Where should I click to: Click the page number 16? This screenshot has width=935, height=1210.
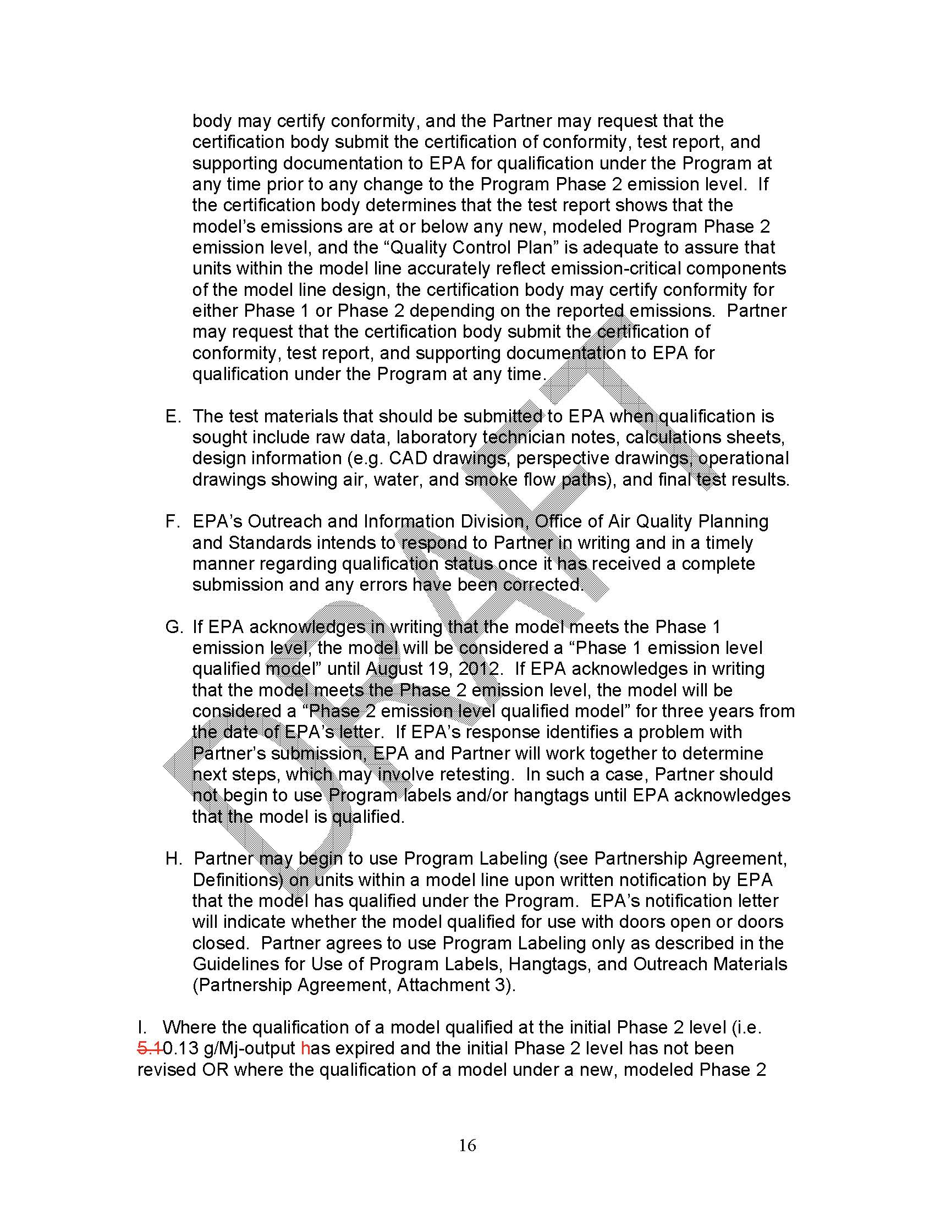pos(467,1145)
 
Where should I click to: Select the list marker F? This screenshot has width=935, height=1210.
pos(172,521)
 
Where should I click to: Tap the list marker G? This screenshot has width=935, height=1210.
pos(173,626)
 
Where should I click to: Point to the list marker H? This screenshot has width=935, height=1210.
pos(173,858)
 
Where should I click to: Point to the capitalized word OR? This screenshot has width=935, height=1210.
pos(215,1069)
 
